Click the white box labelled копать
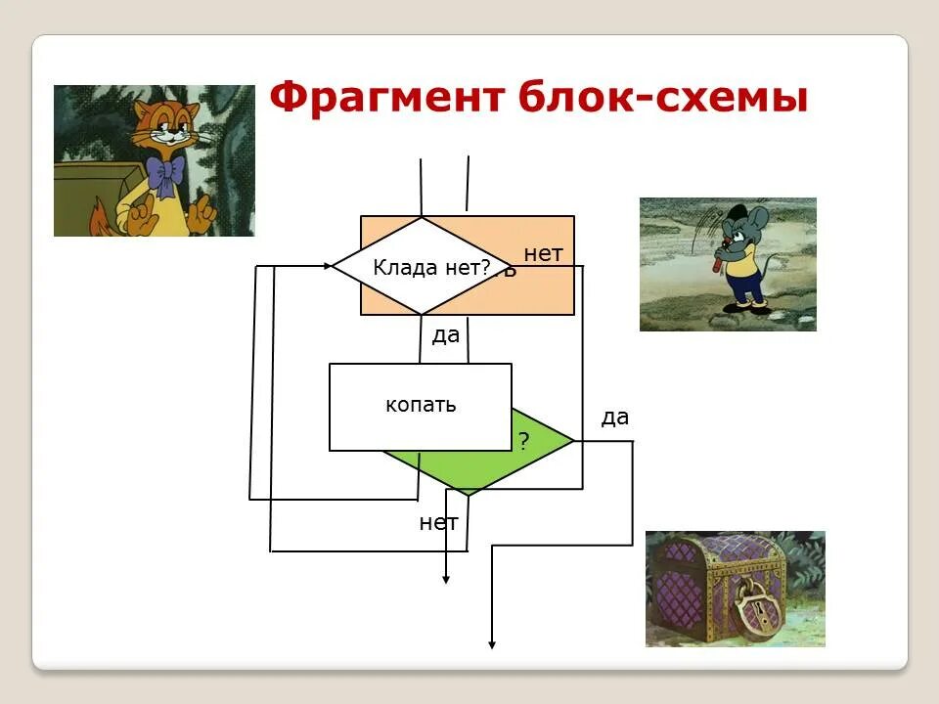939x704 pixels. pyautogui.click(x=421, y=406)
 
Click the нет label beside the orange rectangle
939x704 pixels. pyautogui.click(x=544, y=254)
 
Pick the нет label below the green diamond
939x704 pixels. pyautogui.click(x=438, y=522)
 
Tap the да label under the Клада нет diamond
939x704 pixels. pyautogui.click(x=446, y=335)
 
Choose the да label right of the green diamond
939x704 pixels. pyautogui.click(x=615, y=418)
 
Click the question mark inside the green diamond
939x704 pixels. pyautogui.click(x=523, y=441)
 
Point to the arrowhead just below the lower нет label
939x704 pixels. pyautogui.click(x=446, y=579)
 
